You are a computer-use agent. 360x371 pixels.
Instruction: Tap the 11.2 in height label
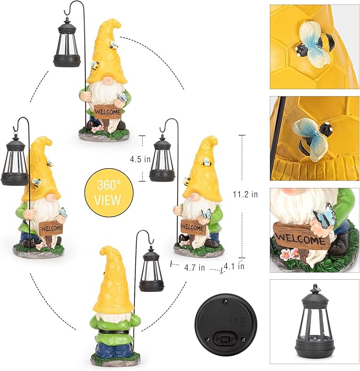pyautogui.click(x=247, y=194)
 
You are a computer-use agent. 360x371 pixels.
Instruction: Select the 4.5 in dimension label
pyautogui.click(x=140, y=159)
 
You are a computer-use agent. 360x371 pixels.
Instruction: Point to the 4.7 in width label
pyautogui.click(x=195, y=268)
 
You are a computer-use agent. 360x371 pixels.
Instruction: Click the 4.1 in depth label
pyautogui.click(x=234, y=266)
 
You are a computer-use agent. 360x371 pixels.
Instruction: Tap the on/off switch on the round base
pyautogui.click(x=227, y=338)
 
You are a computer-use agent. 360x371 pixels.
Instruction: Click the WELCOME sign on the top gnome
pyautogui.click(x=108, y=112)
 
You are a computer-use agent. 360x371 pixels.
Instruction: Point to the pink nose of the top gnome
pyautogui.click(x=108, y=80)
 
